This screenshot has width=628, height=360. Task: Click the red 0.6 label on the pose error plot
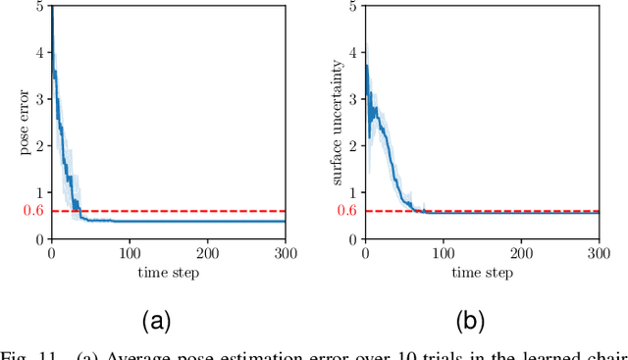[34, 211]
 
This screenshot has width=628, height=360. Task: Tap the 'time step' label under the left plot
[168, 272]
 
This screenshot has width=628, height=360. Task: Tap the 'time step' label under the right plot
[482, 272]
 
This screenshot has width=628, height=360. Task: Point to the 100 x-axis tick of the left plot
[130, 253]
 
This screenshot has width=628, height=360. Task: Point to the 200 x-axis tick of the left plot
[207, 253]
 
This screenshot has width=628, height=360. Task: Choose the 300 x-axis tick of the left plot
[285, 253]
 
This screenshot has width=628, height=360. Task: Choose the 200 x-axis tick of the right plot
[521, 253]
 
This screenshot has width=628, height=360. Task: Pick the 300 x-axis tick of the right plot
[598, 253]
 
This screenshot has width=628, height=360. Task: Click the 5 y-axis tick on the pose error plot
[39, 5]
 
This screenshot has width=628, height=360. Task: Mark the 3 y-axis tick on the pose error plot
[39, 98]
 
